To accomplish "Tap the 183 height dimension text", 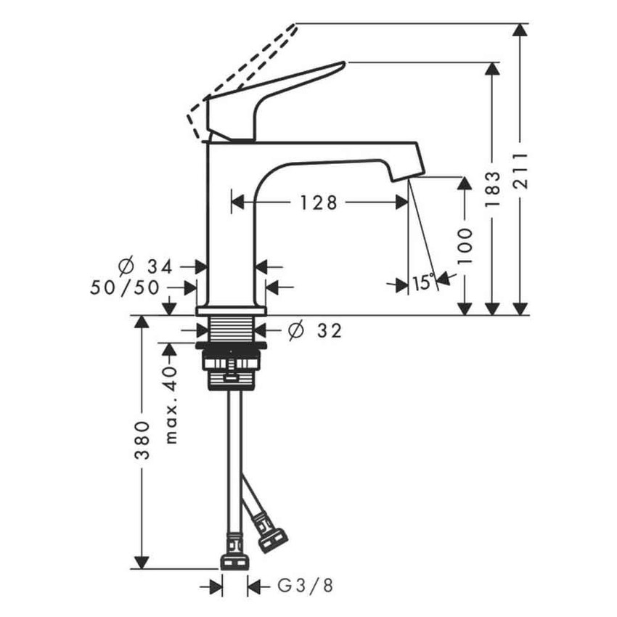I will click(x=493, y=190).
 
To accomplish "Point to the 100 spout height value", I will click(x=465, y=245).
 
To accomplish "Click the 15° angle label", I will click(x=423, y=283).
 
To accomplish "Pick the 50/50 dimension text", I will click(x=126, y=287).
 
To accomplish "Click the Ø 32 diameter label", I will click(x=314, y=331).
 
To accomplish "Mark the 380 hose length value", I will click(x=143, y=440).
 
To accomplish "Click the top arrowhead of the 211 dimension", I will click(x=520, y=30).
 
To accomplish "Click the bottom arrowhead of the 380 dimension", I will click(x=143, y=562).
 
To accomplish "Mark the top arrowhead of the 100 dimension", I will click(x=465, y=183).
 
